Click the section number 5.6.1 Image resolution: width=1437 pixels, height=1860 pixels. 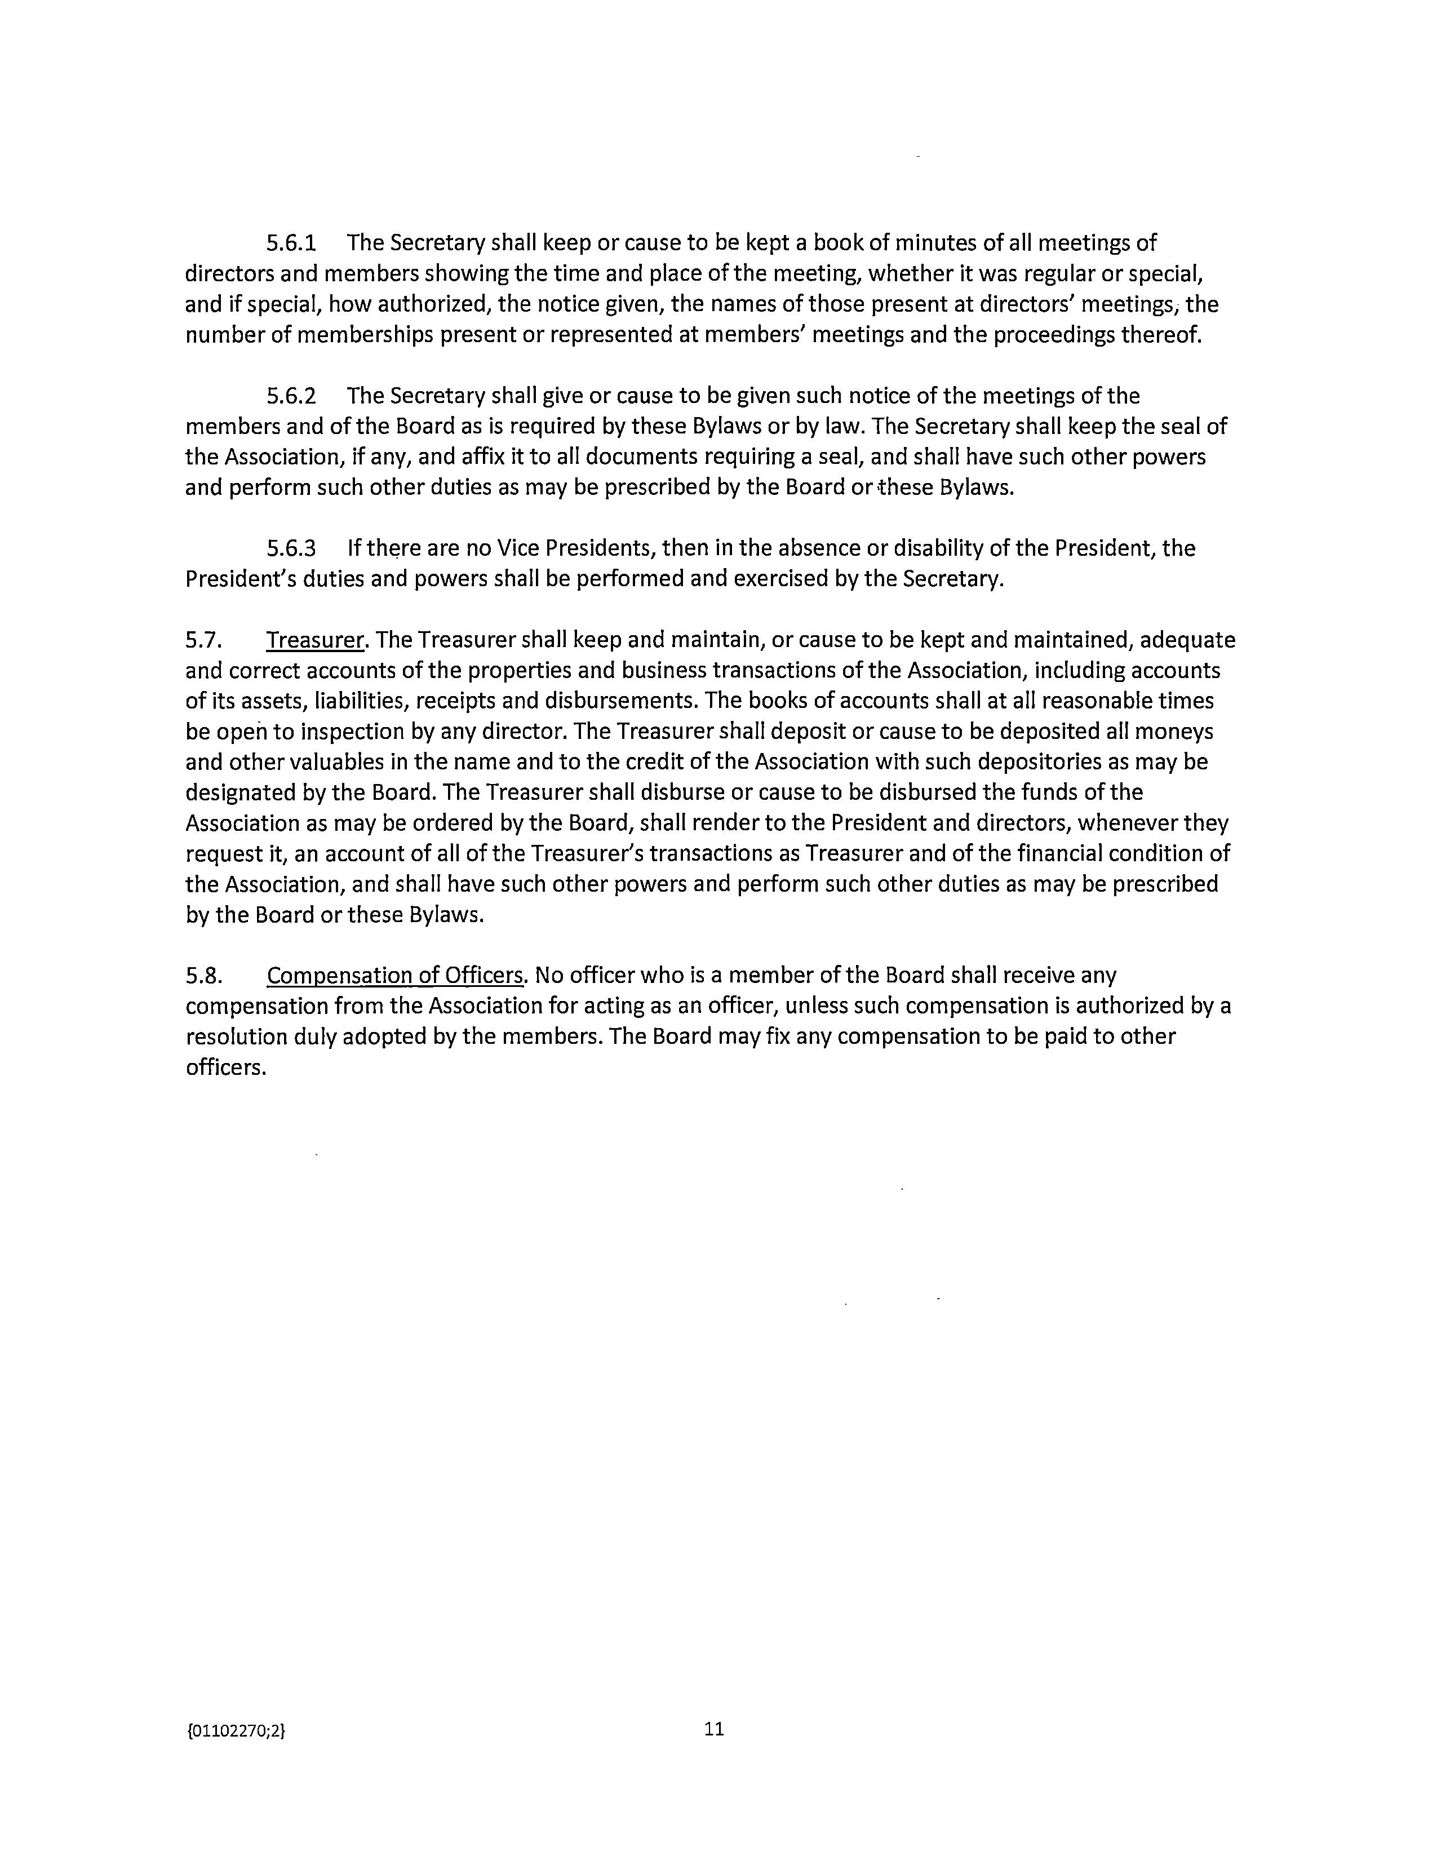(x=291, y=243)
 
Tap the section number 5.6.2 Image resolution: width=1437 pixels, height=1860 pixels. (x=291, y=396)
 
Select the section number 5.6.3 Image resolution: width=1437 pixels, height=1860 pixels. (x=291, y=548)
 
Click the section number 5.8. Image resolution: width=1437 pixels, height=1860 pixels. (x=203, y=975)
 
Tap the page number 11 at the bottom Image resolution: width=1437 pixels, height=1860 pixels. (x=714, y=1729)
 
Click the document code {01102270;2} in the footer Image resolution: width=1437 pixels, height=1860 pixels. (x=236, y=1730)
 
